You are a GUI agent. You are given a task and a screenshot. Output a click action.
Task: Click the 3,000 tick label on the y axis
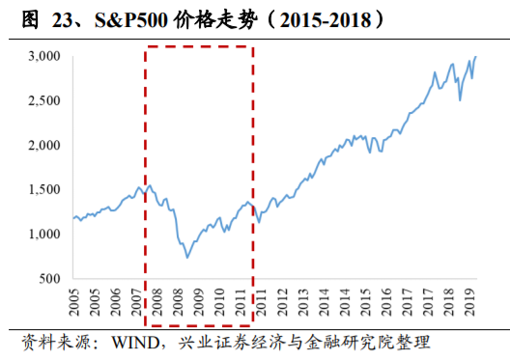coord(43,57)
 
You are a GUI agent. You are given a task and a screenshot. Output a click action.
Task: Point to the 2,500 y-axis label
coord(43,100)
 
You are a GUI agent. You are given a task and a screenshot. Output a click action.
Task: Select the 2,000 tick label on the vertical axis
coord(43,145)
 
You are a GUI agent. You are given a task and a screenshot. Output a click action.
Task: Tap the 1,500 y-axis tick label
coord(43,189)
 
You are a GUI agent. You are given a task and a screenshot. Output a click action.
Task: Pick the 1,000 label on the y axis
coord(43,234)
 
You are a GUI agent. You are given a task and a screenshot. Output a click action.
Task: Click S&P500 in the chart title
coord(126,18)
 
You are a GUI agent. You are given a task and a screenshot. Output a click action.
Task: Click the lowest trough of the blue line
coord(186,258)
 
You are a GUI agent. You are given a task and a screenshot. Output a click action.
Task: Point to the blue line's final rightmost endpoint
coord(476,57)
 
